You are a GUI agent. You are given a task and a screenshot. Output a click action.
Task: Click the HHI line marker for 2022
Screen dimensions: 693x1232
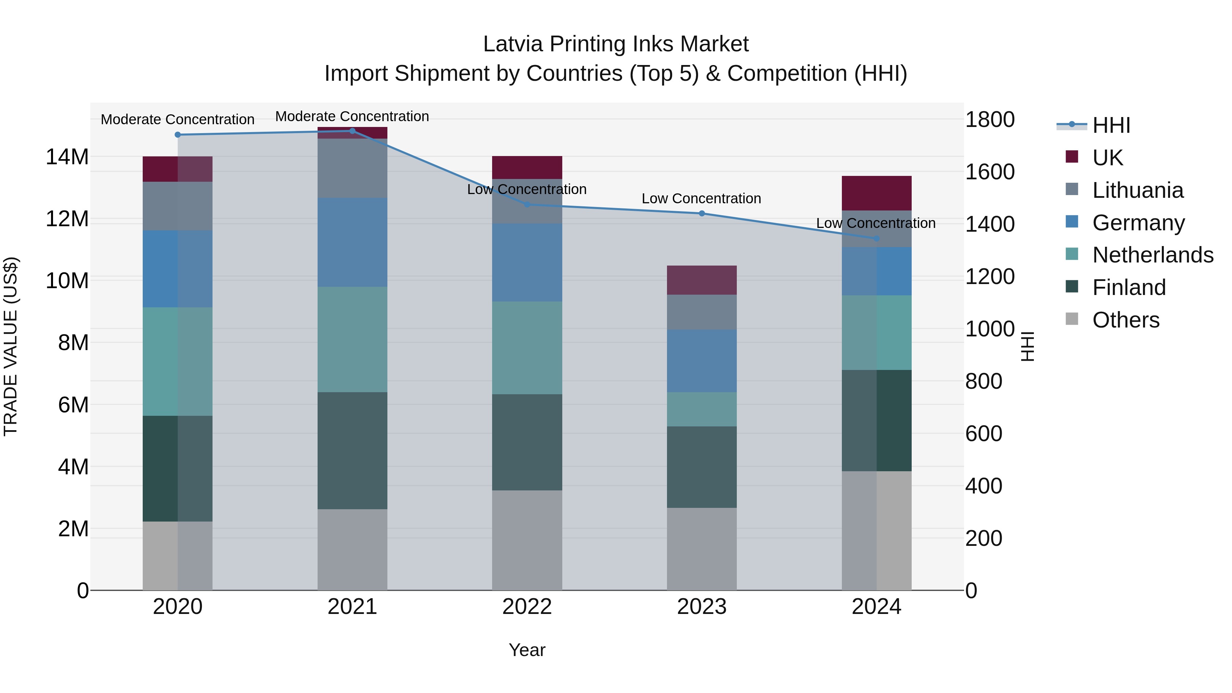(527, 205)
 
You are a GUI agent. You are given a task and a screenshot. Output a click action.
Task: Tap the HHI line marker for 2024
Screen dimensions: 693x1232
(876, 239)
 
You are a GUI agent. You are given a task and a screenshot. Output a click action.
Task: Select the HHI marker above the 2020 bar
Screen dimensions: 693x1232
(178, 135)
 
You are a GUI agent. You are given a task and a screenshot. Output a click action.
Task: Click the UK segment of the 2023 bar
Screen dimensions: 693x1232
(702, 280)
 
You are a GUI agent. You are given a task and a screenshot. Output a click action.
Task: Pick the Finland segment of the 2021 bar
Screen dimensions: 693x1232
(352, 450)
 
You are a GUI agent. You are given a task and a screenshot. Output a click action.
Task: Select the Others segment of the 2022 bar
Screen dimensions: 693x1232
(527, 540)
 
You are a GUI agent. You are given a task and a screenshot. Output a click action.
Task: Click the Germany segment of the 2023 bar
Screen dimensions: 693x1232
(702, 361)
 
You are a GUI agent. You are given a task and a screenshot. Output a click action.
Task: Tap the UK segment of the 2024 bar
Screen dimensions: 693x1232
(876, 193)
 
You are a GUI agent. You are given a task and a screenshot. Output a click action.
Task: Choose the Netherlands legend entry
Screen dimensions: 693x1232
(1153, 255)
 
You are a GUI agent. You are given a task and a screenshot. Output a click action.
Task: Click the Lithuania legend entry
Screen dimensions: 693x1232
(1137, 190)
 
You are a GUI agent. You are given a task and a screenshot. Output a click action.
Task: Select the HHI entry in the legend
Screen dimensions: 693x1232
(1111, 125)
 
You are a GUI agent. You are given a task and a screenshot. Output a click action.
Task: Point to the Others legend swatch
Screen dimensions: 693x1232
(1072, 319)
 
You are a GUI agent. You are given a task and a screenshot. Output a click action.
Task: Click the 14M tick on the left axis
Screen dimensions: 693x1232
(67, 157)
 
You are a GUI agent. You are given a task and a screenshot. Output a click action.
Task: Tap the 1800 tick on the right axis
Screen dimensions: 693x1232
(989, 119)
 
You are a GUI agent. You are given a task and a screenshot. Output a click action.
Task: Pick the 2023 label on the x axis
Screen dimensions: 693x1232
(702, 607)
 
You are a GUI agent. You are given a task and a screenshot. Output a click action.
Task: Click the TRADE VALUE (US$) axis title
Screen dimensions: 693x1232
(11, 346)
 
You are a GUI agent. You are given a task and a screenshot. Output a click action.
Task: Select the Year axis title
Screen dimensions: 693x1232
(527, 650)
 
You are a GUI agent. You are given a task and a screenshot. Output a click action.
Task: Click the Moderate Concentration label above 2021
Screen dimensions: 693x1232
(352, 116)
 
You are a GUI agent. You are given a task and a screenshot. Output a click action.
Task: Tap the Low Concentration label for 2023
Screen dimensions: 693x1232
(701, 198)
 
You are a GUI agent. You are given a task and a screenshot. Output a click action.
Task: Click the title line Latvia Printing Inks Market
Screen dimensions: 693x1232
(616, 44)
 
